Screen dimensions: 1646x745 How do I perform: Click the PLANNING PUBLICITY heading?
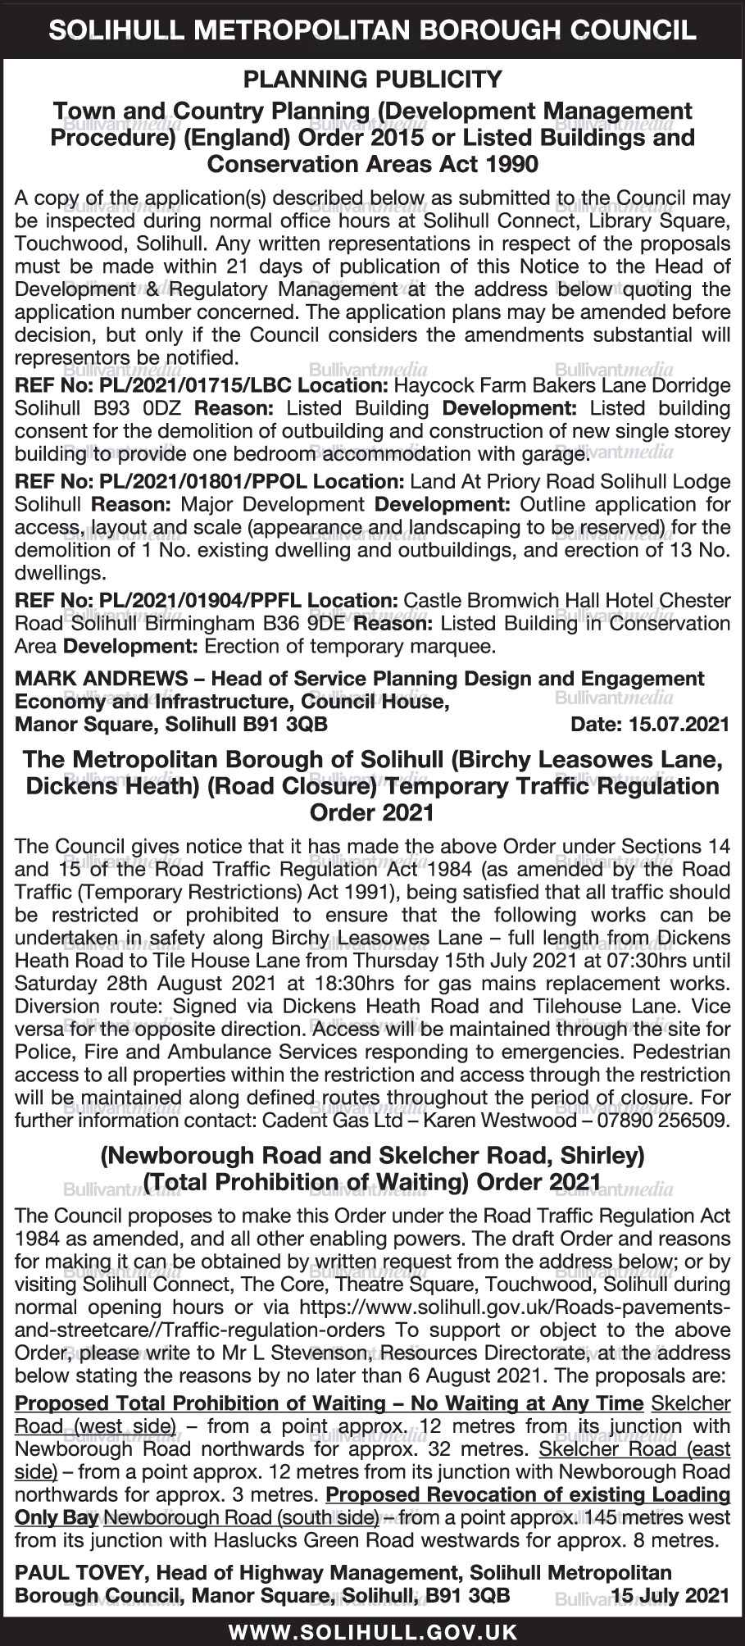coord(372,80)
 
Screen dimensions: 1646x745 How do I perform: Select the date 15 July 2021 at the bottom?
coord(670,1596)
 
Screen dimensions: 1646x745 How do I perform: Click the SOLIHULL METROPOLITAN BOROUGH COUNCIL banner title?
coord(372,31)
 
